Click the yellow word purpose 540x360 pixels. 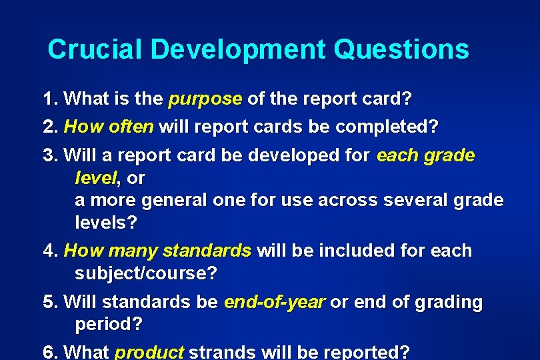tap(205, 99)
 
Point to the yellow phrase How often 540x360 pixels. tap(109, 126)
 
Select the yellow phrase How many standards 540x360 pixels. tap(157, 251)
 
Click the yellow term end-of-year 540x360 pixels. tap(274, 302)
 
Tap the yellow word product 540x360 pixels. tap(149, 352)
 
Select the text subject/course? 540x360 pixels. tap(146, 273)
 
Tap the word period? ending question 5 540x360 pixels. tap(109, 325)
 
